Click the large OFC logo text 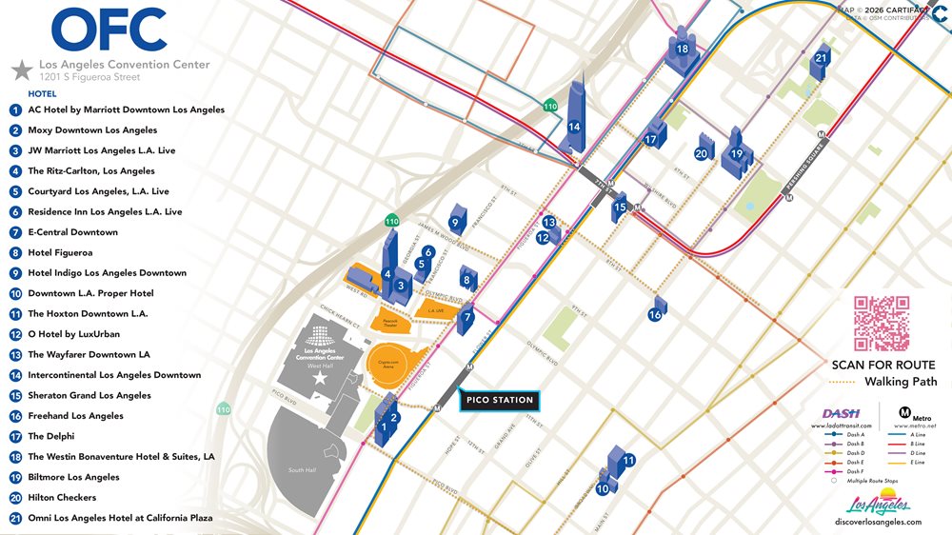(109, 30)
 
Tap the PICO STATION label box (500, 400)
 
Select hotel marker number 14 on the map (574, 126)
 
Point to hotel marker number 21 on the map (821, 59)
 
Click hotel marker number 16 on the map (655, 314)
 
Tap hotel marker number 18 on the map (683, 50)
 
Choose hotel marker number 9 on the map (456, 224)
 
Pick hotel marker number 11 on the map (628, 461)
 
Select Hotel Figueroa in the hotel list (60, 252)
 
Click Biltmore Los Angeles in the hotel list (73, 477)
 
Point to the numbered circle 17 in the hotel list (15, 436)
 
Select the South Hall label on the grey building (302, 470)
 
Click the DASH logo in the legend (841, 412)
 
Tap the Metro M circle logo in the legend (905, 413)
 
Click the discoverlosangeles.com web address (877, 522)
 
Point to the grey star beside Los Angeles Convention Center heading (21, 69)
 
